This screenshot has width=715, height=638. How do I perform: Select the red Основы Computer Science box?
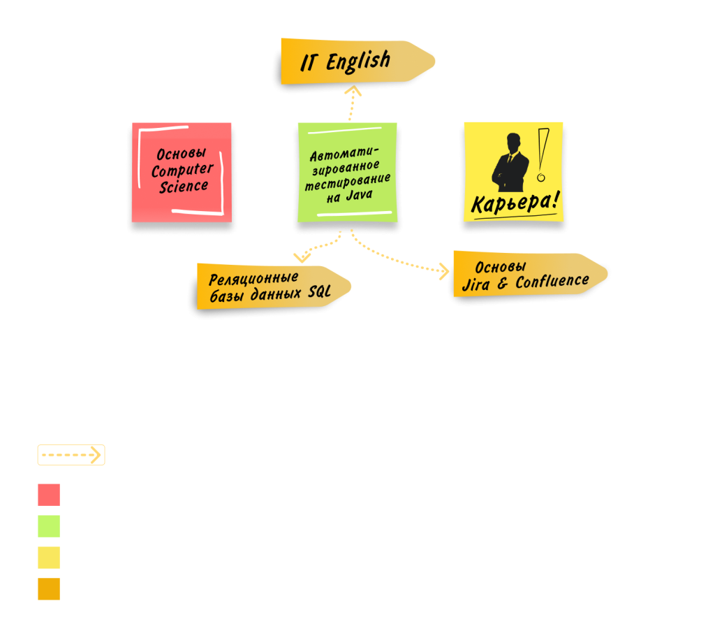tap(182, 172)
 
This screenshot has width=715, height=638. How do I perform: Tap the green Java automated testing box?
tap(348, 173)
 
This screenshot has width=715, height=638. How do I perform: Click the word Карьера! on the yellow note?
tap(515, 203)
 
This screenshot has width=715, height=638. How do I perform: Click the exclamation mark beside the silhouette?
tap(543, 157)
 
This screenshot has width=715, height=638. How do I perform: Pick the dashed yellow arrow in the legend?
tap(71, 455)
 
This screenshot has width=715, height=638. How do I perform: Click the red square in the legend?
tap(49, 495)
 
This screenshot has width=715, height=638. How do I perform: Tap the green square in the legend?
tap(49, 526)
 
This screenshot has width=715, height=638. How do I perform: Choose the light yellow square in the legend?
tap(49, 558)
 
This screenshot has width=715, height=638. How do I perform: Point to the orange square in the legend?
tap(49, 589)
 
